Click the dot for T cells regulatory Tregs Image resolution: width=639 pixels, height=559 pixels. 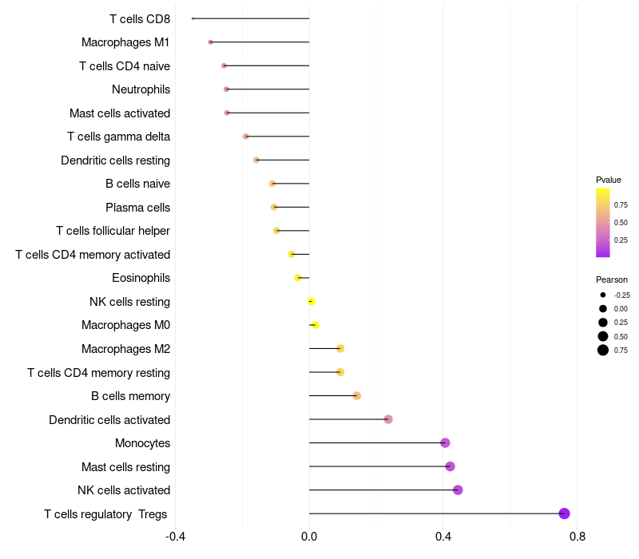click(x=564, y=513)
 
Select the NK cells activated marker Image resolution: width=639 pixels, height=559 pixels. click(x=458, y=490)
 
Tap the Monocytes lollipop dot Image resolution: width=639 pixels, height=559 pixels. click(x=445, y=443)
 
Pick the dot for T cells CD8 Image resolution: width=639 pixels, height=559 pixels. click(x=193, y=18)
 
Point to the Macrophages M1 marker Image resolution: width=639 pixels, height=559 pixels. click(x=210, y=42)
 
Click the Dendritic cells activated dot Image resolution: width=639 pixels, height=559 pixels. click(x=388, y=419)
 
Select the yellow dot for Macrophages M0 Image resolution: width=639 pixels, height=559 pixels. click(x=315, y=325)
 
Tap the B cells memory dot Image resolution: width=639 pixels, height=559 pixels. click(x=357, y=396)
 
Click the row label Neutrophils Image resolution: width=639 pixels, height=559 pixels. click(x=141, y=89)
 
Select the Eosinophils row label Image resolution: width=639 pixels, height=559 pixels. click(x=141, y=278)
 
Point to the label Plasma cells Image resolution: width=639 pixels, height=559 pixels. click(x=137, y=208)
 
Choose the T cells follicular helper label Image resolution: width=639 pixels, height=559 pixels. click(x=113, y=231)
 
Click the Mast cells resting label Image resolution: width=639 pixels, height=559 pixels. click(x=125, y=466)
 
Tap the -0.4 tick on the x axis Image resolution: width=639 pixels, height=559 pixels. click(x=176, y=536)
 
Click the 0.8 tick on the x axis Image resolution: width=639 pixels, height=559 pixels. click(x=577, y=536)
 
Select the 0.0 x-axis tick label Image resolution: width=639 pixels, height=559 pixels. click(x=309, y=536)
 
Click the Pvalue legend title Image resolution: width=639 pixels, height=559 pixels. click(x=609, y=180)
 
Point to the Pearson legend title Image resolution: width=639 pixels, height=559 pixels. click(x=611, y=279)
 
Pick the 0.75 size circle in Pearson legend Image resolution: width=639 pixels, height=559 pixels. click(x=603, y=350)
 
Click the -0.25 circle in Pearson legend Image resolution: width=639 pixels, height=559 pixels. click(x=603, y=295)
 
